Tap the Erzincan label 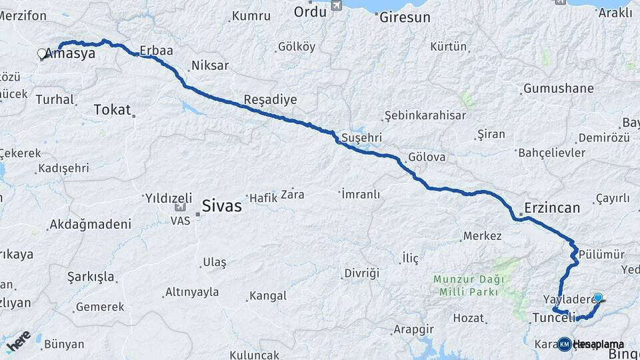[x=552, y=207]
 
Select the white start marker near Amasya [x=42, y=53]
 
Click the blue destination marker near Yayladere [x=598, y=298]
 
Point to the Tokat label [x=112, y=110]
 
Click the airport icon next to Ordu [x=336, y=6]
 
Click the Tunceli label [x=554, y=319]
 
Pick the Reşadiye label [x=270, y=99]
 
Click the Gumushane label [x=558, y=88]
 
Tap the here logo [x=19, y=340]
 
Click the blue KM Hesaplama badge [x=565, y=344]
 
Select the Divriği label [x=361, y=273]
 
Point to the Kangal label [x=267, y=295]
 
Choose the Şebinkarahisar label [x=425, y=115]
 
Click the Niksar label [x=209, y=65]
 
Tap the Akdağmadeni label [x=90, y=224]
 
